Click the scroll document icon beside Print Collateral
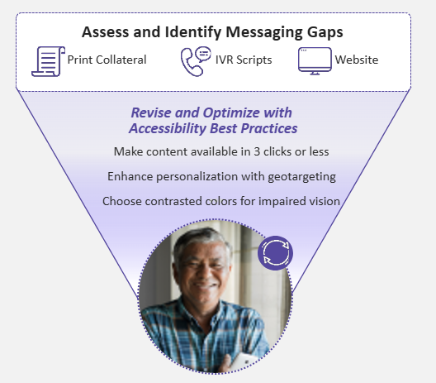48,61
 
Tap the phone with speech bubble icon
196,61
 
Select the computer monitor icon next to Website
315,61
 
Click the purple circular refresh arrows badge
275,253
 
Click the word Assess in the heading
106,31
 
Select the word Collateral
121,60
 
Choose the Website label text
357,60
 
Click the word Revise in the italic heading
151,113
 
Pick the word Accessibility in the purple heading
168,129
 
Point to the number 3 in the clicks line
257,152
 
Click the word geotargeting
301,177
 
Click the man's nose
205,272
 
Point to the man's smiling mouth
206,286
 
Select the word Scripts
254,60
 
